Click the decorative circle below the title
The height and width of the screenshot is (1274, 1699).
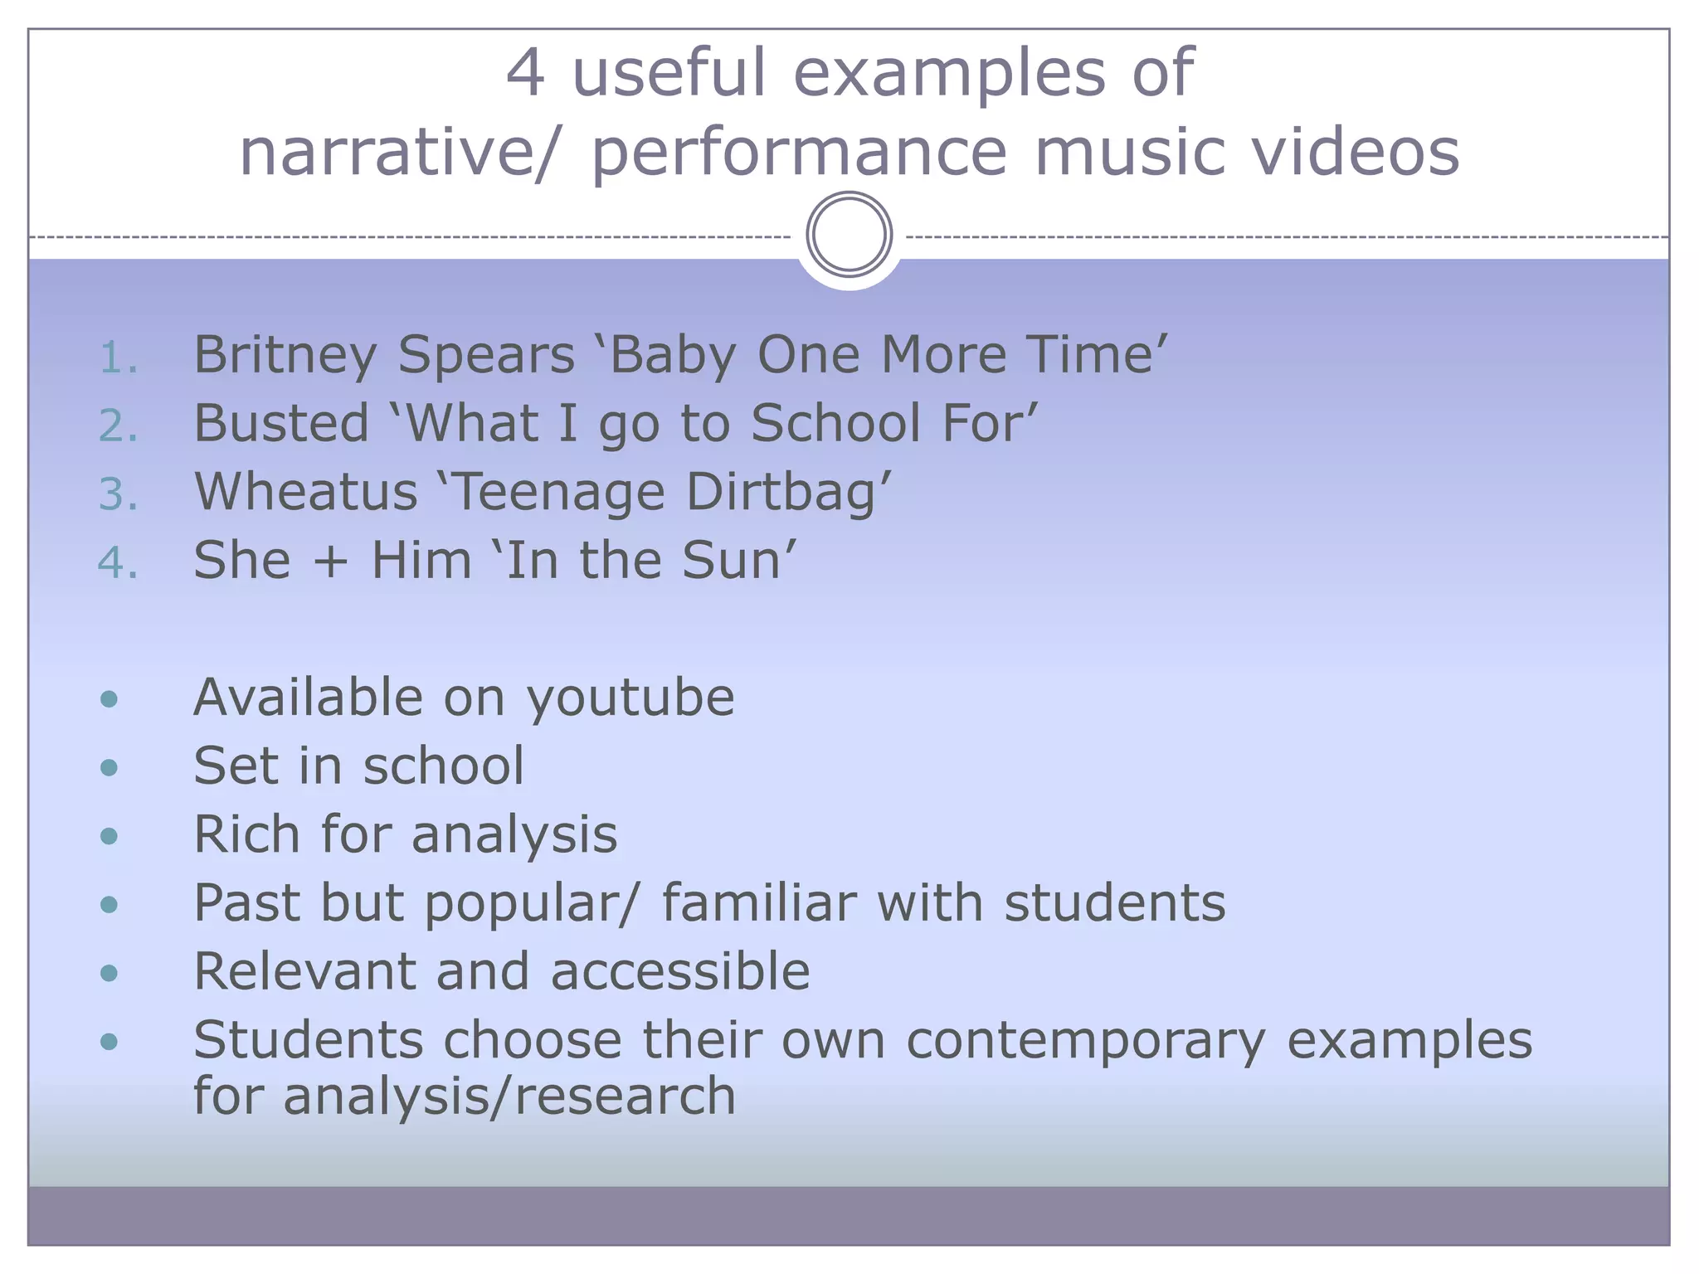pos(849,234)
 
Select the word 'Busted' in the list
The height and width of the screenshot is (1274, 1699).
pos(281,423)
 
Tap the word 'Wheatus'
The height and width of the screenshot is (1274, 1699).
pos(305,492)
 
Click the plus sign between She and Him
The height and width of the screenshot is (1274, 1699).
pos(330,562)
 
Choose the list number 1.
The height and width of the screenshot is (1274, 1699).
pos(117,358)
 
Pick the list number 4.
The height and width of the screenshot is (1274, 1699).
pos(117,563)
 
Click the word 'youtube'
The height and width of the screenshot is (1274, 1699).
pos(630,698)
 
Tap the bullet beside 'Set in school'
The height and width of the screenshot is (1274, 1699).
pos(109,767)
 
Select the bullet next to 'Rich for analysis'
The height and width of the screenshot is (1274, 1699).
pos(109,835)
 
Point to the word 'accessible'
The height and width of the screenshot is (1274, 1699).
pos(680,971)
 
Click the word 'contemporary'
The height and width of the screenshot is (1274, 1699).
pos(1086,1041)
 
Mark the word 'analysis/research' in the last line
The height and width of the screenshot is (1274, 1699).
pos(509,1097)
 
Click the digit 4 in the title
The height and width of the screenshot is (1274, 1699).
pos(525,73)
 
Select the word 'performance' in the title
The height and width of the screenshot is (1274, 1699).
pos(799,154)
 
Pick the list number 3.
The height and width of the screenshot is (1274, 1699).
pos(117,495)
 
